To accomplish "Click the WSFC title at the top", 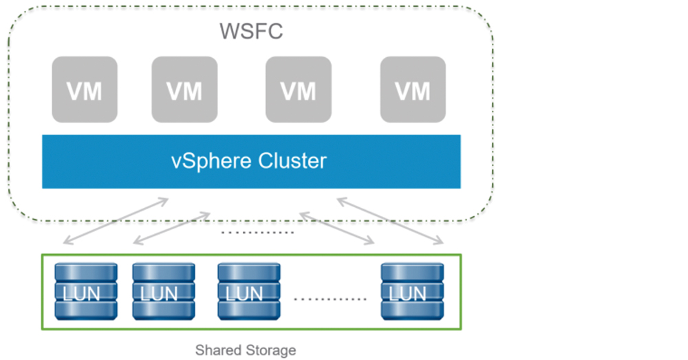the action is pos(251,31).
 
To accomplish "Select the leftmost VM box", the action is pos(85,89).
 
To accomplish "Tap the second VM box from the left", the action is pos(184,89).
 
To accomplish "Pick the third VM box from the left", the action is pos(299,89).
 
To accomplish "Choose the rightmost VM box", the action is pos(413,89).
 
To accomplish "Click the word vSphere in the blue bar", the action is pos(211,161).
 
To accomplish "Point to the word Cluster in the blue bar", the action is pos(292,160).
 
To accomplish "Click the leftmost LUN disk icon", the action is pos(86,292).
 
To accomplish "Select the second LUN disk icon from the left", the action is pos(164,292).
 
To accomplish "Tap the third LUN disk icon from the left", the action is pos(249,292).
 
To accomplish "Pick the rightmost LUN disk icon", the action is pos(412,292).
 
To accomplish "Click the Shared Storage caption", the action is pos(246,350).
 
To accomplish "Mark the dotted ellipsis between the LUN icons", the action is pos(330,299).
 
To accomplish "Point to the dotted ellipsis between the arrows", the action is pos(257,232).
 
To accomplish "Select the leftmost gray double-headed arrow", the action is pos(116,220).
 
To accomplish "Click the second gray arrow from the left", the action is pos(171,229).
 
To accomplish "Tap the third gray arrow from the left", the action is pos(337,229).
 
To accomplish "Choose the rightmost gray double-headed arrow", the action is pos(390,221).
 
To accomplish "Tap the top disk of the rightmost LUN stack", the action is pos(412,272).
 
